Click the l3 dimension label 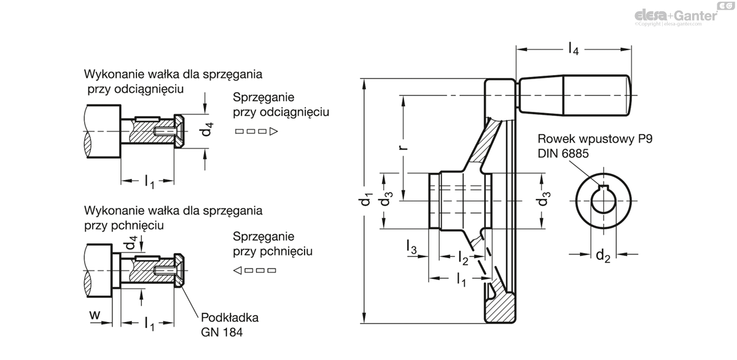tap(411, 248)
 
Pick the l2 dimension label tap(462, 258)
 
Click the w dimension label tap(95, 315)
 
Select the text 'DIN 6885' tap(563, 153)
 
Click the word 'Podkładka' tap(229, 318)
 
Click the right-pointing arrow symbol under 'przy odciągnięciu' tap(257, 131)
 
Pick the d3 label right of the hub tap(542, 201)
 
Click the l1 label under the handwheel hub tap(461, 280)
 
